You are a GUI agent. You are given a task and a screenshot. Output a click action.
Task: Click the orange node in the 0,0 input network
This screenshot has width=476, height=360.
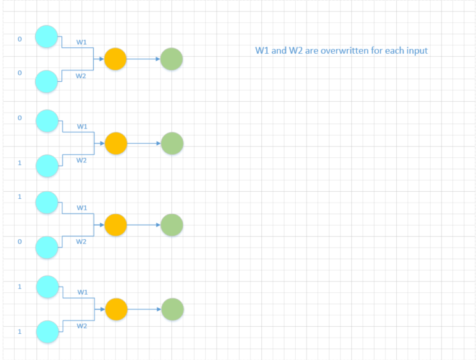click(116, 59)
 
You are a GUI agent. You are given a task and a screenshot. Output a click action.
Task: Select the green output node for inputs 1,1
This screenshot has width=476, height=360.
click(173, 309)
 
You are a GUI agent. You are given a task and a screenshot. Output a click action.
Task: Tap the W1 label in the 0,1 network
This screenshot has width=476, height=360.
click(82, 126)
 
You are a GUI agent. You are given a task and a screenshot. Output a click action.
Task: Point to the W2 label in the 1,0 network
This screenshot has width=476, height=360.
click(81, 242)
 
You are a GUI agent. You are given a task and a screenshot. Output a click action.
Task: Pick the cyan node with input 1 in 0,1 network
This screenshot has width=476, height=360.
click(47, 165)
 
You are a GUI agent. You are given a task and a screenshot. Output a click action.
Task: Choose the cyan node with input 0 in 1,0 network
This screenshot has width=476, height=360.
click(47, 247)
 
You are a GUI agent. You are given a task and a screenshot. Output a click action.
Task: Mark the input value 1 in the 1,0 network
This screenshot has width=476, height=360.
click(19, 197)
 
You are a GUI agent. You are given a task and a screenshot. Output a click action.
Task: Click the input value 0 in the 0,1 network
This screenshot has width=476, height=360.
click(19, 118)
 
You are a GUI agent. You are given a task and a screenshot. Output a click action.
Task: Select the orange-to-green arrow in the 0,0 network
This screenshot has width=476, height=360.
click(143, 59)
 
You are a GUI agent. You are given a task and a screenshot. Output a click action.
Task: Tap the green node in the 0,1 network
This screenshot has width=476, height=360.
click(173, 143)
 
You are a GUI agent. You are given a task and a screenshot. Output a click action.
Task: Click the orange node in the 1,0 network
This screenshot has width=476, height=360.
click(116, 225)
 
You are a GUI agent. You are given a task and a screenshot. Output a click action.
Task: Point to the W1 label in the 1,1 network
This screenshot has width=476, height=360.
click(82, 292)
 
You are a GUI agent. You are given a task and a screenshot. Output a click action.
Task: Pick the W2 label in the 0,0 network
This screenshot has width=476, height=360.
click(81, 76)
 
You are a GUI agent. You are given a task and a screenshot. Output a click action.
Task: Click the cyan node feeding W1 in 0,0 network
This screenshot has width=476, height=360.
click(47, 36)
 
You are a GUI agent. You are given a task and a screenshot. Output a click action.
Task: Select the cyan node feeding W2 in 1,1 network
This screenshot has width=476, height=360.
click(47, 331)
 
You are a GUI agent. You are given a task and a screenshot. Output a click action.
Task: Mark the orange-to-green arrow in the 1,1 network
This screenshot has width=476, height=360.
click(144, 309)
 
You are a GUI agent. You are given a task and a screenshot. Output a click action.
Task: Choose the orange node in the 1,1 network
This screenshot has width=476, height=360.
click(116, 309)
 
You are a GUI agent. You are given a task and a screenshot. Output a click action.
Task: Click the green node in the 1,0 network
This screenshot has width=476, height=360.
click(172, 225)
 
